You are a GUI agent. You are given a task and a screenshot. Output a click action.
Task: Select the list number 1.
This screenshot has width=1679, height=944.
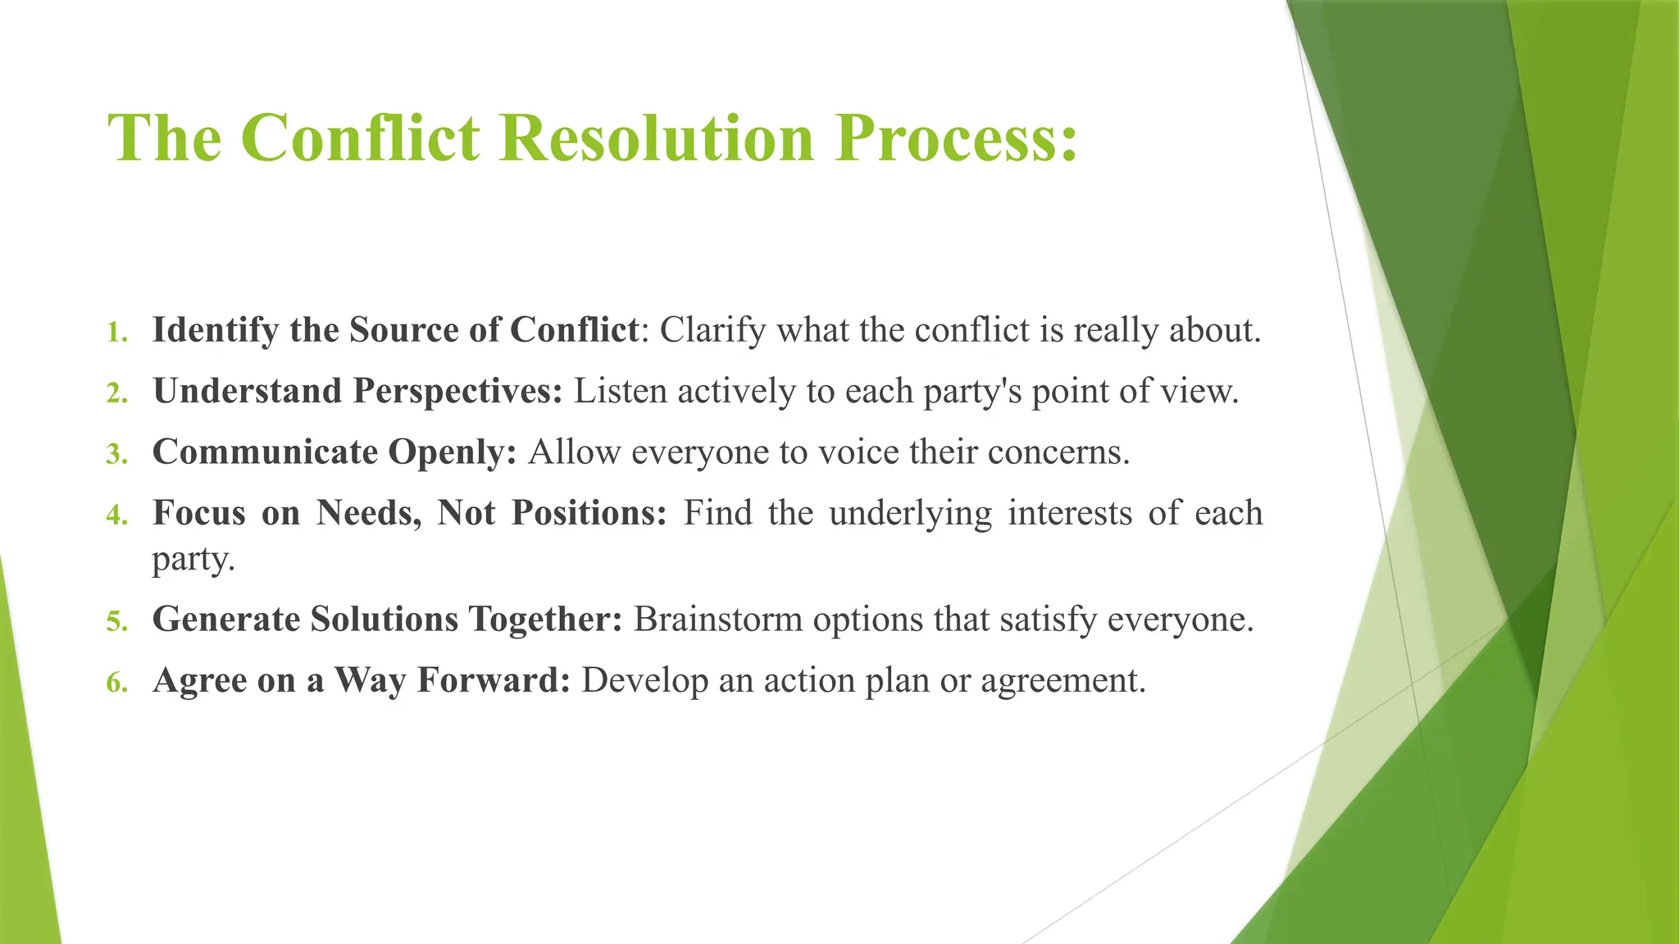[x=117, y=333]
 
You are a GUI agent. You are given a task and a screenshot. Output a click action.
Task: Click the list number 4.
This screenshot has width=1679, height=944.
[x=117, y=515]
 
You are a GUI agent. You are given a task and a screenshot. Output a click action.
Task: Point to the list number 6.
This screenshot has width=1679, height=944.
[x=117, y=683]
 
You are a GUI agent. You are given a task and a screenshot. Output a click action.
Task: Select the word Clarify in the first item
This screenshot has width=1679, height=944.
[x=712, y=330]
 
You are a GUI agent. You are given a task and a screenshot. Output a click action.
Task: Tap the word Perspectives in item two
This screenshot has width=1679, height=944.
[x=457, y=392]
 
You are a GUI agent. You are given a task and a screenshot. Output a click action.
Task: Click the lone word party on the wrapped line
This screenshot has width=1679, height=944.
[x=193, y=560]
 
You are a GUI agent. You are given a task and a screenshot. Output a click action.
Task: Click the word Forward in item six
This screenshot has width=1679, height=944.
[x=493, y=680]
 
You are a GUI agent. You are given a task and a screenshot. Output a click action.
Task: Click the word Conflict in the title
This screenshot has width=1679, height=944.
[x=361, y=138]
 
